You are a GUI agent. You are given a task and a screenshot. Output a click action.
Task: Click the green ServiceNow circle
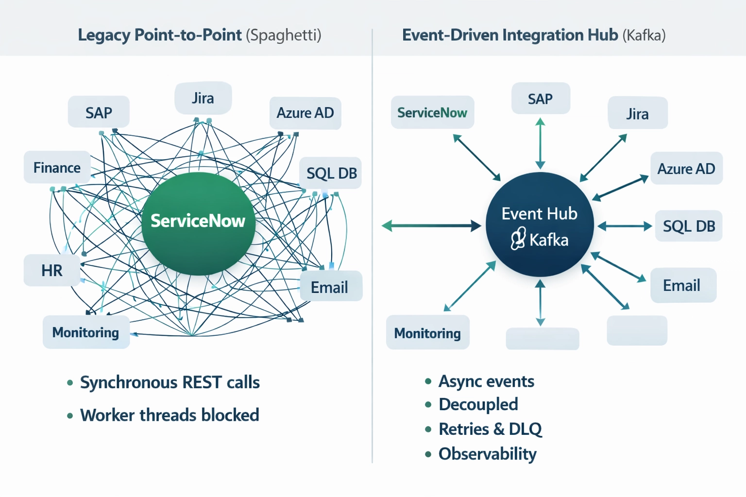click(x=198, y=223)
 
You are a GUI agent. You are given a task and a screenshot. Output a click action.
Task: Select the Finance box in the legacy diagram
click(x=57, y=167)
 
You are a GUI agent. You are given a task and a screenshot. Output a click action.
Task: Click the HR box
click(x=51, y=270)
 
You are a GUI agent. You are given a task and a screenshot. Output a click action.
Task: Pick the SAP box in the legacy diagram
click(x=99, y=113)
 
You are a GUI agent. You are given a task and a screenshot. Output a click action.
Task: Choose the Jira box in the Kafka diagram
click(x=637, y=114)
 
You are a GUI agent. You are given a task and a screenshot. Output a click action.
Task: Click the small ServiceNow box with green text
click(x=432, y=113)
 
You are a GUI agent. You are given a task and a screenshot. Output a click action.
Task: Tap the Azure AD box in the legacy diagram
click(x=305, y=113)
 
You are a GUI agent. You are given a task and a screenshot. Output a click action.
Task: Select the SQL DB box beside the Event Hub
click(x=688, y=226)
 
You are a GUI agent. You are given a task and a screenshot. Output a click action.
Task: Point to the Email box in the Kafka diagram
click(x=682, y=285)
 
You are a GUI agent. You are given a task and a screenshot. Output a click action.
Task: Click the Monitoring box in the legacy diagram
click(x=85, y=332)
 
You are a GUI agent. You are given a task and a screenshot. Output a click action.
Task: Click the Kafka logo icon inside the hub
click(x=518, y=239)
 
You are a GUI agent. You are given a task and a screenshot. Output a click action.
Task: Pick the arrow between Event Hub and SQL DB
click(x=625, y=226)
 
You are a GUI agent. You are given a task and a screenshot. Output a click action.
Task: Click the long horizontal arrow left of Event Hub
click(x=431, y=226)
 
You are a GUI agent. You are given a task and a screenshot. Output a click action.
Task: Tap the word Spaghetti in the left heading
click(x=284, y=35)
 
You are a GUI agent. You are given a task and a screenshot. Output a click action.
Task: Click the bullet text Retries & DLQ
click(x=490, y=429)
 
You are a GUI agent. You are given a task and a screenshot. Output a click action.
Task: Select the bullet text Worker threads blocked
click(x=170, y=415)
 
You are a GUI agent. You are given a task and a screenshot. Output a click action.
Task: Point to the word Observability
click(x=487, y=454)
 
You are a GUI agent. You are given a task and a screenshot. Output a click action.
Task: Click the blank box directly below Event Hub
click(x=542, y=338)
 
